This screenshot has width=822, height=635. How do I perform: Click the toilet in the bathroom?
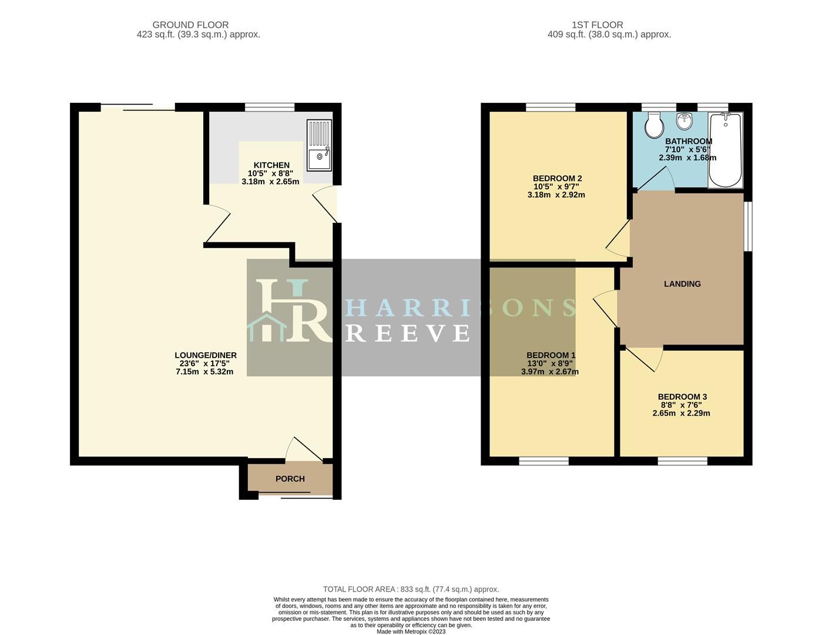[x=653, y=125]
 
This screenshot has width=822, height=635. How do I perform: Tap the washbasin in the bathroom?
[x=684, y=122]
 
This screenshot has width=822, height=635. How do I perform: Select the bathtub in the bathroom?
[x=726, y=150]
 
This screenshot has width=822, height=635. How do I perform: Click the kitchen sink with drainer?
[x=319, y=145]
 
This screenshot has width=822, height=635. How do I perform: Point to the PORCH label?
[x=290, y=479]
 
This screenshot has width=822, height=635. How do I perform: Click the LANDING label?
[x=682, y=284]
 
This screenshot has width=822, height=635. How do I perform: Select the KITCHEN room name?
[x=271, y=165]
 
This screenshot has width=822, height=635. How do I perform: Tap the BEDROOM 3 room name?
[x=682, y=397]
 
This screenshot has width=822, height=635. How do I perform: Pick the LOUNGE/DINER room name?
[x=206, y=355]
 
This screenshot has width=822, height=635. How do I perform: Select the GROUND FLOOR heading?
[x=190, y=25]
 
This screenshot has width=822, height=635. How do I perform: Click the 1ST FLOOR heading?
[x=597, y=25]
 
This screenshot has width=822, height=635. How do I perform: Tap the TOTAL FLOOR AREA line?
[x=411, y=589]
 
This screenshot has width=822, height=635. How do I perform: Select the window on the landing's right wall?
[x=748, y=227]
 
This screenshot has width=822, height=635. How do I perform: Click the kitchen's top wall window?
[x=269, y=107]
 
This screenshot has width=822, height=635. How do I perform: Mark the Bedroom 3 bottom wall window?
[x=682, y=462]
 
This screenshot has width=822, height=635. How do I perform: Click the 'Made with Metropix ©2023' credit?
[x=411, y=632]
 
